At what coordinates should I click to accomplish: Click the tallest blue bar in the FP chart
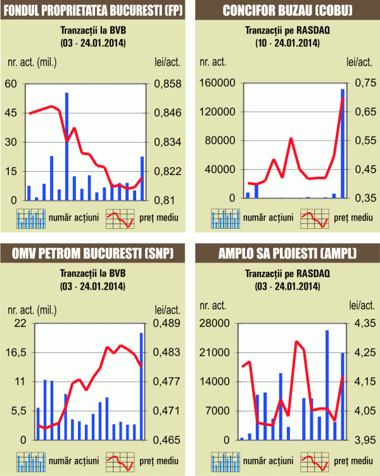click(66, 146)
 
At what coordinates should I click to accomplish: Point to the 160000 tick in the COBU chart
click(217, 84)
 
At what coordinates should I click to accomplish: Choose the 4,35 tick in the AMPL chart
click(365, 323)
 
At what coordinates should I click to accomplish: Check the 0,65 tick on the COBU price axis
click(365, 113)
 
